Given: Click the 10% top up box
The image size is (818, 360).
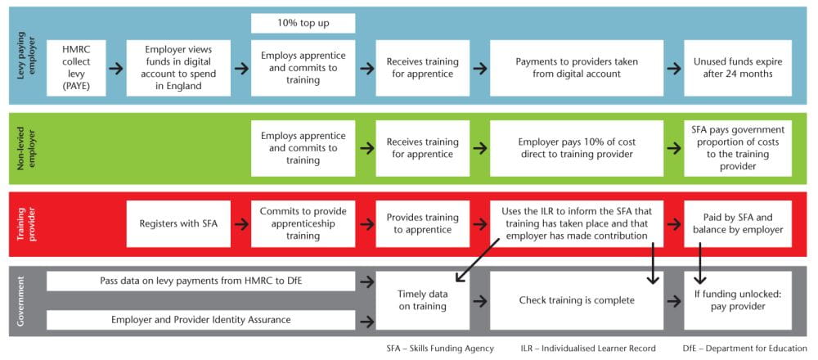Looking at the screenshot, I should (x=303, y=23).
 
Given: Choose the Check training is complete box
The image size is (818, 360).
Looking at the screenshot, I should (x=576, y=300).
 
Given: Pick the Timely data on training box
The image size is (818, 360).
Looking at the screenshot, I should (x=423, y=300).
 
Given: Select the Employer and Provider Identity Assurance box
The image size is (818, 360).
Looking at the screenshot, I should (x=201, y=320).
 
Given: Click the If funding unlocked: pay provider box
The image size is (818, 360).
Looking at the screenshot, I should (x=738, y=300).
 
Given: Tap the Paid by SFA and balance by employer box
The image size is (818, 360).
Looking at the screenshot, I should (x=738, y=223).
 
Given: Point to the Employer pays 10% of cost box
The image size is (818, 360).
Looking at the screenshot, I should (x=576, y=149).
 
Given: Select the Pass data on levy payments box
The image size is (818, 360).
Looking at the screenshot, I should (x=201, y=281).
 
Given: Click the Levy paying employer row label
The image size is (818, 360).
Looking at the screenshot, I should (x=22, y=57).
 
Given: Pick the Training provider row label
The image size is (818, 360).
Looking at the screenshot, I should (x=22, y=223).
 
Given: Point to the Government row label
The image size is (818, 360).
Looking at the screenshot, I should (x=22, y=300).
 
